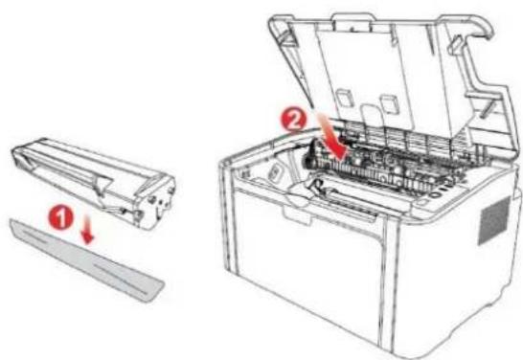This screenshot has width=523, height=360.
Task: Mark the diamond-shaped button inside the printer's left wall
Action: [272, 172]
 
